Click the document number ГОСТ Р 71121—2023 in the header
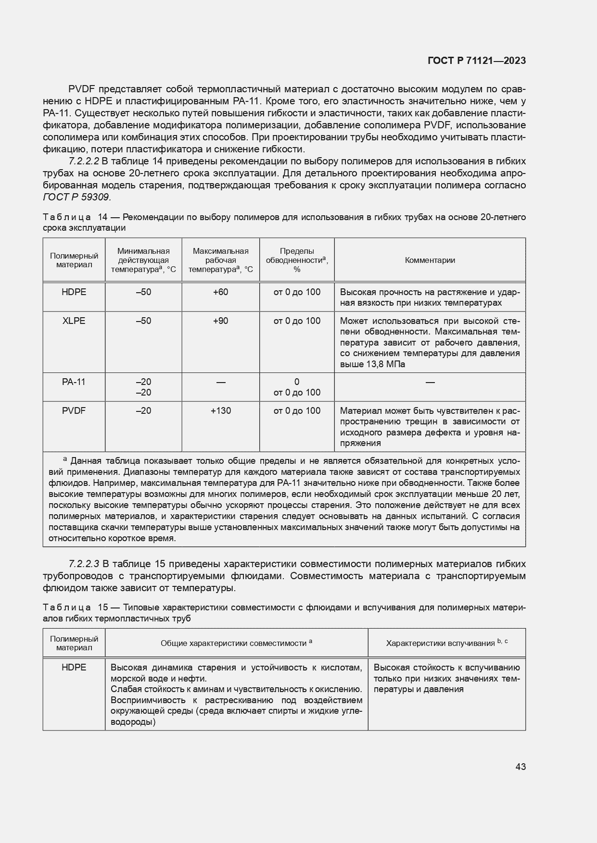476,61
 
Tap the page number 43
520,767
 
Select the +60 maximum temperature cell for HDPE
220,292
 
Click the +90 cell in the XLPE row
220,321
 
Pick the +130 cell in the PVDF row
220,411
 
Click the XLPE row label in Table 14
74,321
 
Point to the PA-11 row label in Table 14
74,382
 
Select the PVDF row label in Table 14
74,411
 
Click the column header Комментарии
430,260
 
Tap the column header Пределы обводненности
296,260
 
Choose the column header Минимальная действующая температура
143,260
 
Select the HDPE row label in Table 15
74,668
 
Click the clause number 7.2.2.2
84,161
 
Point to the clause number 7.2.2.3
84,564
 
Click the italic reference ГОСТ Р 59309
77,197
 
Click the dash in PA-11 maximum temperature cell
220,383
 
